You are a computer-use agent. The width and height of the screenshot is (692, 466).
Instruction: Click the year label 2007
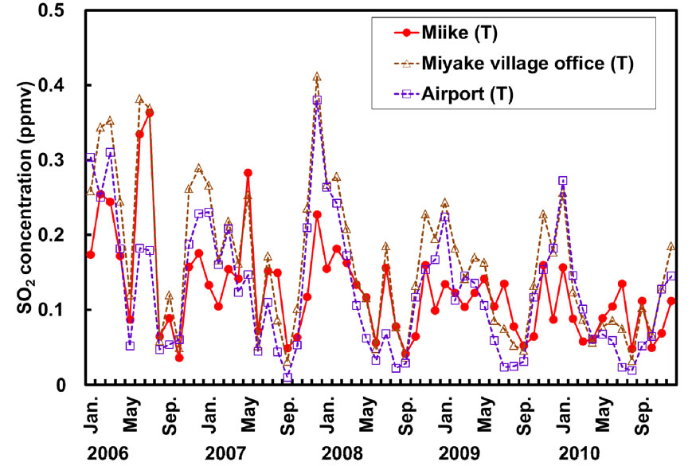225,452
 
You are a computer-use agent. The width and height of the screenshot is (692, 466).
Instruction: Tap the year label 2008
342,452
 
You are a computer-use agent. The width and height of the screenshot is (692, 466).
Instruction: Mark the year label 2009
461,452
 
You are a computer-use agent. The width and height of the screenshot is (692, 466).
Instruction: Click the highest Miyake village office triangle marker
317,77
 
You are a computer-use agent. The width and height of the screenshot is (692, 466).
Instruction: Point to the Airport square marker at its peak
317,100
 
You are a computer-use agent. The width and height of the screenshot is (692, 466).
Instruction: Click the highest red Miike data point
149,112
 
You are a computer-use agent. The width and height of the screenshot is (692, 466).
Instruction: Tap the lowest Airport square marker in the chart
287,377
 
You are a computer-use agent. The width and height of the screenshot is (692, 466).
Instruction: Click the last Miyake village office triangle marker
671,246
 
